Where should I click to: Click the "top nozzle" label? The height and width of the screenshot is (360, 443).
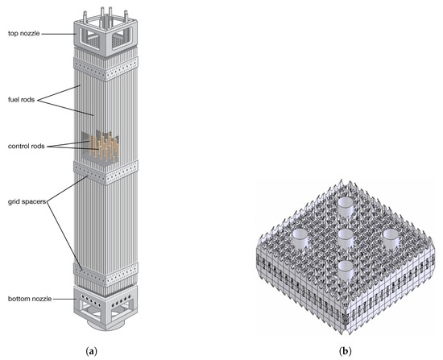(x=23, y=33)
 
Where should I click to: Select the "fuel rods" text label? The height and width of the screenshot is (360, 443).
(x=21, y=100)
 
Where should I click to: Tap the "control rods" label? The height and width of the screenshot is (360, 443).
(x=27, y=146)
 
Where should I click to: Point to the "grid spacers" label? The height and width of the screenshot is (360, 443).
(x=27, y=202)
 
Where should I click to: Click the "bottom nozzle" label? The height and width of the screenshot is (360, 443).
(x=30, y=299)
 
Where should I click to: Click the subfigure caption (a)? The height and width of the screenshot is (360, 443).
(x=91, y=351)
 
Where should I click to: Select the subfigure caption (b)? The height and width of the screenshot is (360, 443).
(x=345, y=351)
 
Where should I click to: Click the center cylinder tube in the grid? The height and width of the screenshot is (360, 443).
(x=346, y=239)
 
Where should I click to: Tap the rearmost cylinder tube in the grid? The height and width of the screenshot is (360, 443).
(x=346, y=207)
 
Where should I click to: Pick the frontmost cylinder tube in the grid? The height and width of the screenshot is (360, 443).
(x=346, y=271)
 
